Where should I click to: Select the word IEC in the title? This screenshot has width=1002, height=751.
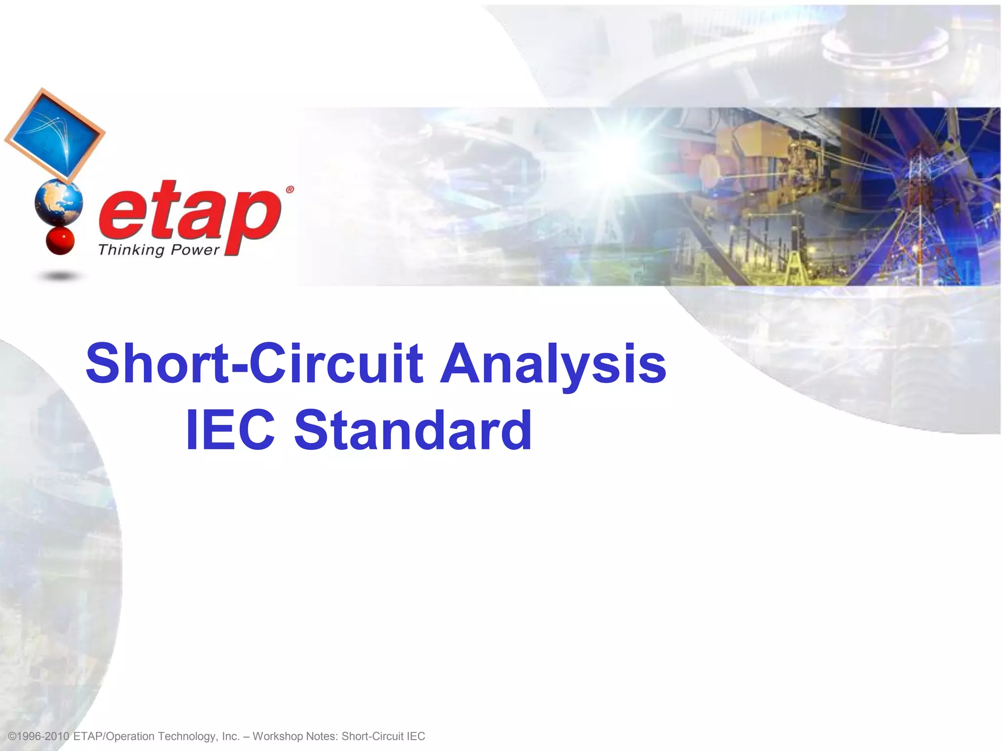[230, 430]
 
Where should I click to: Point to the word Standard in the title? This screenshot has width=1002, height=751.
[412, 430]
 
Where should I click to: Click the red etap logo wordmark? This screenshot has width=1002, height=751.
[190, 215]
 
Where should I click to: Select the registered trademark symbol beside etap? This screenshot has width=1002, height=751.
[290, 190]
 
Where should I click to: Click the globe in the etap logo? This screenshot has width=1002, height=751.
[59, 202]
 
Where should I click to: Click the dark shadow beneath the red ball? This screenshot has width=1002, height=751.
[60, 277]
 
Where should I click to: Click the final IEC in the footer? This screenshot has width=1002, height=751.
[415, 736]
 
